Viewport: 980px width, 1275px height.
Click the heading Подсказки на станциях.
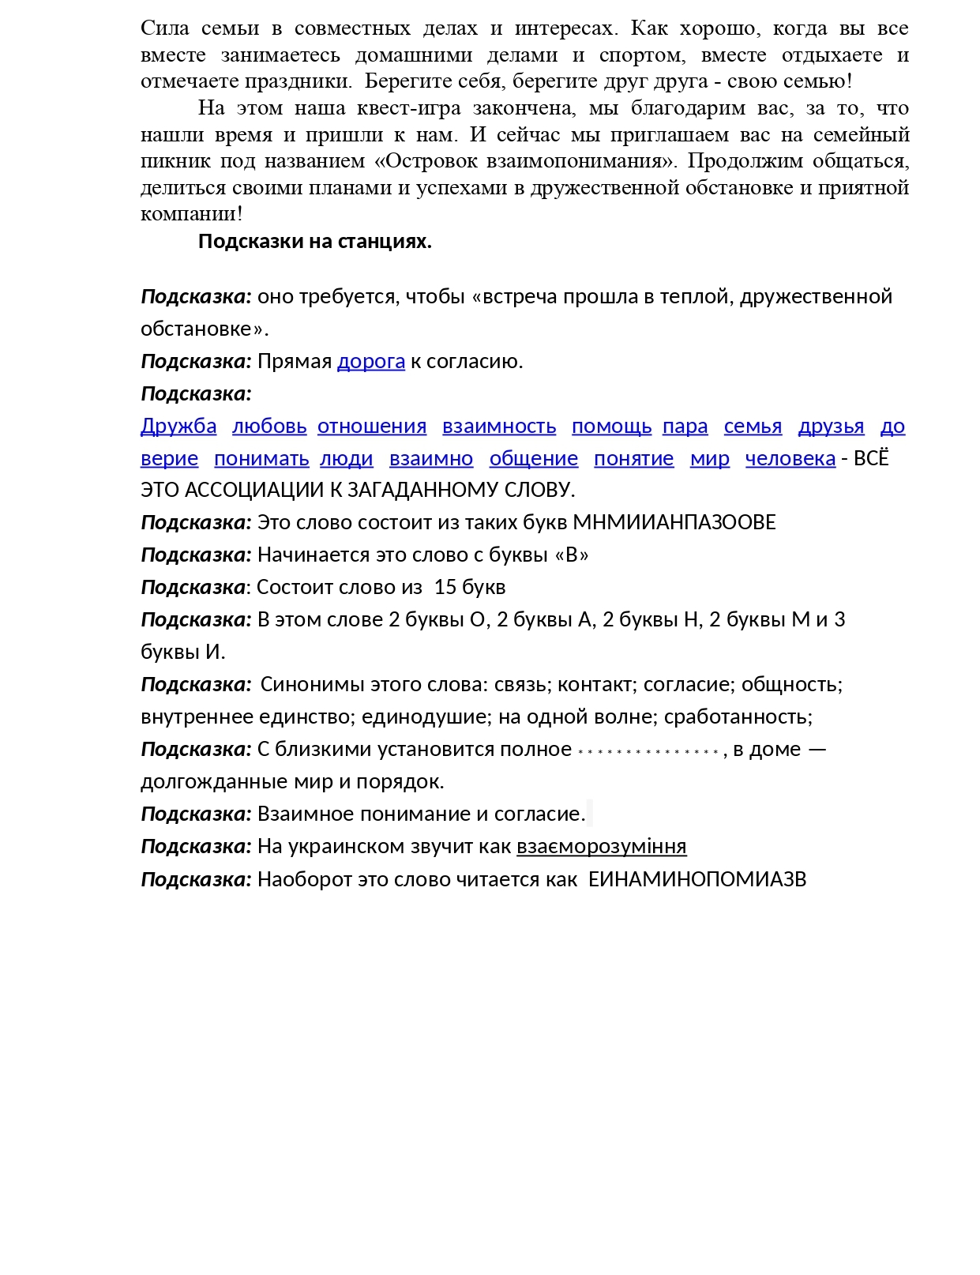(x=314, y=242)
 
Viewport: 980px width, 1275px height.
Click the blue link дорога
(x=370, y=362)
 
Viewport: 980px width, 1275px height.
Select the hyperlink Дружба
(x=178, y=427)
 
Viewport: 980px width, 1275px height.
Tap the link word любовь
(x=269, y=427)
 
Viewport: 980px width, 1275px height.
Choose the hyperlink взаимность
(x=499, y=427)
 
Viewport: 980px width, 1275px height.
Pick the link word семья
(x=753, y=427)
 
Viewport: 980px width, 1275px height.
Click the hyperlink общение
(x=534, y=459)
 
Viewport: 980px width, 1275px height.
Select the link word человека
(x=790, y=459)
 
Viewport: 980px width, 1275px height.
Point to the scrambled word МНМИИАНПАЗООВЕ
(x=674, y=523)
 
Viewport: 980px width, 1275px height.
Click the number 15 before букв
(x=445, y=588)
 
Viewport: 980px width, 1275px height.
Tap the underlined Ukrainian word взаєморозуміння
(x=602, y=847)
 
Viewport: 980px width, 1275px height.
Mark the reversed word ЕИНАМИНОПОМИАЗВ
(x=697, y=880)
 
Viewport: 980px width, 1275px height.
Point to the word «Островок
(x=426, y=161)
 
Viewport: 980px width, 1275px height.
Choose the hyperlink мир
(x=709, y=459)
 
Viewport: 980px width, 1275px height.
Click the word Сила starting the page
(x=165, y=28)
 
